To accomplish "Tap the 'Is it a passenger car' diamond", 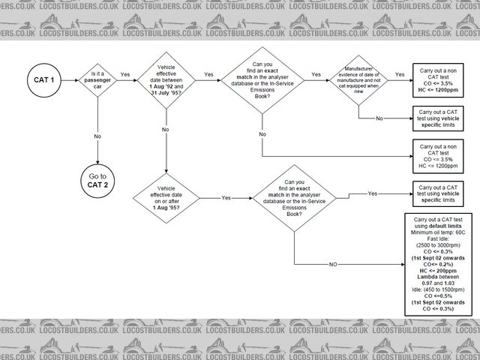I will (98, 78).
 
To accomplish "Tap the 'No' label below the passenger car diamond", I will (97, 136).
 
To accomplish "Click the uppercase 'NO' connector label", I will (332, 264).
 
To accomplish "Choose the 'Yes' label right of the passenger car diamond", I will (125, 74).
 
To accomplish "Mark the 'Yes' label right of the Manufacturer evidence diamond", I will (400, 74).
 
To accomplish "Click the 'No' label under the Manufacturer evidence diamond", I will (379, 118).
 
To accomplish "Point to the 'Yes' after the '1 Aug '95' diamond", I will (226, 197).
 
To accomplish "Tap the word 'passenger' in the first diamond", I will (98, 78).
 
